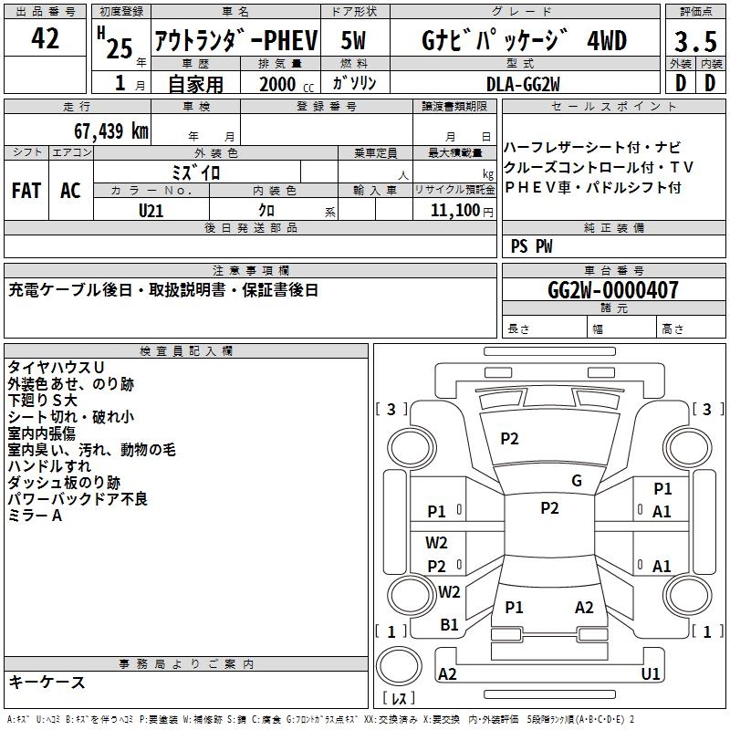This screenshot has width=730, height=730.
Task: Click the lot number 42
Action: (x=45, y=39)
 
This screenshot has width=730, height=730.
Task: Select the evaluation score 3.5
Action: (x=694, y=41)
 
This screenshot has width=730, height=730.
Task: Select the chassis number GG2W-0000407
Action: (x=613, y=290)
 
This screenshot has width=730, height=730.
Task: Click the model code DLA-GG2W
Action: (x=523, y=84)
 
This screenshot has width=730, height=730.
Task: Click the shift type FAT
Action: (x=26, y=191)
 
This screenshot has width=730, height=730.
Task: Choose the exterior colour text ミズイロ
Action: (x=196, y=172)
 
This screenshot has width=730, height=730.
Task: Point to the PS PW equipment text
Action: (x=531, y=245)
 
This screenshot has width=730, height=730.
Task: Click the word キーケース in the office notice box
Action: (x=47, y=682)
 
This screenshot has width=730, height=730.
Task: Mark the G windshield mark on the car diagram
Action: (x=576, y=481)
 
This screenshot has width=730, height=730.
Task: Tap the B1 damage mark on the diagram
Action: (x=449, y=625)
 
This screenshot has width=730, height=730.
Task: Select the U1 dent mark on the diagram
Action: (x=651, y=673)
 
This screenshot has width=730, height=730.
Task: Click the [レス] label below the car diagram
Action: (x=399, y=698)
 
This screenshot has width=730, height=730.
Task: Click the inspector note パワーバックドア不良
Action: (x=78, y=499)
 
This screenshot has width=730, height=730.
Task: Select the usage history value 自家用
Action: (x=195, y=84)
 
